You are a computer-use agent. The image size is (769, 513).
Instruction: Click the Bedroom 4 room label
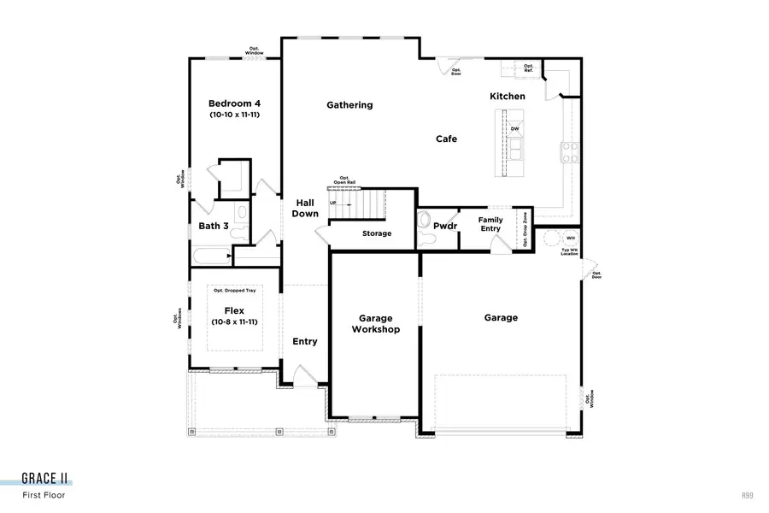tap(234, 103)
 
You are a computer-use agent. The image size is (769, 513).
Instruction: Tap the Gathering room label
tap(349, 105)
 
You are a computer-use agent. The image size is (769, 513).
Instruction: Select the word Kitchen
tap(507, 97)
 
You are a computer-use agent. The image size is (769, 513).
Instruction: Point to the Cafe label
tap(446, 139)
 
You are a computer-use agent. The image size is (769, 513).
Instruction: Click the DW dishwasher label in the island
tap(514, 130)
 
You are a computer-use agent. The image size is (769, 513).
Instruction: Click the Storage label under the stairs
tap(376, 233)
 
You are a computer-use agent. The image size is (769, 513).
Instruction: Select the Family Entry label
tap(490, 224)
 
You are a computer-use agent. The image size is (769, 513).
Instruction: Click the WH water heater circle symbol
tap(551, 237)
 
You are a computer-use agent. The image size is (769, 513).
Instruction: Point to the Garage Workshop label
tap(376, 323)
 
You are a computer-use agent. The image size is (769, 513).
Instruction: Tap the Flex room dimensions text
tap(234, 321)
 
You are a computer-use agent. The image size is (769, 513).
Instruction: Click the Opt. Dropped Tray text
tap(234, 291)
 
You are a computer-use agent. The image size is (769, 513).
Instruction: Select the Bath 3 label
tap(214, 227)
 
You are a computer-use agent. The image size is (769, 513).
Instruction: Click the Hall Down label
tap(305, 208)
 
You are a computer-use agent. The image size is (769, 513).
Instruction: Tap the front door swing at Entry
tap(303, 376)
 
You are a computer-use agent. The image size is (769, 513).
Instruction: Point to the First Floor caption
tap(44, 495)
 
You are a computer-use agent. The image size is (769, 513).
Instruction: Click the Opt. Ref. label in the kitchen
tap(528, 68)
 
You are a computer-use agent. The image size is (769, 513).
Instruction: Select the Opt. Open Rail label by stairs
tap(344, 180)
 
